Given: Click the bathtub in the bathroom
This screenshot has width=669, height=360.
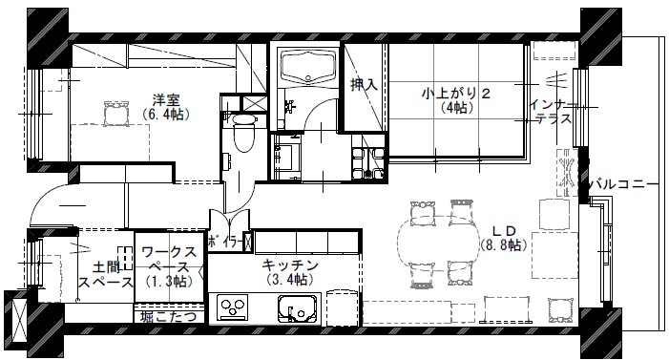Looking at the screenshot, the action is pyautogui.click(x=308, y=66).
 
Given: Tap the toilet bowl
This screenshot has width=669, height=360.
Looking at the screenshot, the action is pyautogui.click(x=243, y=133).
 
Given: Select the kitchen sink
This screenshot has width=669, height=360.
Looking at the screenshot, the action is pyautogui.click(x=298, y=307).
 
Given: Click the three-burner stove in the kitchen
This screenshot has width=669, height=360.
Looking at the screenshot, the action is pyautogui.click(x=232, y=307).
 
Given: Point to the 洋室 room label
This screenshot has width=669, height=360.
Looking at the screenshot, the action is pyautogui.click(x=166, y=101).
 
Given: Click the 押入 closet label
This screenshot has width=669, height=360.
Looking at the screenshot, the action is pyautogui.click(x=364, y=85).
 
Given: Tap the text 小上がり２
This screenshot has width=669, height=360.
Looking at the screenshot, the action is pyautogui.click(x=456, y=93).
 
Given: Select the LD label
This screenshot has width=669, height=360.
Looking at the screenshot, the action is pyautogui.click(x=504, y=231).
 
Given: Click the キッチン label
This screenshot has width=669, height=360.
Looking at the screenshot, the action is pyautogui.click(x=290, y=265).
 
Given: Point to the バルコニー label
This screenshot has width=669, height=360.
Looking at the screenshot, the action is pyautogui.click(x=624, y=185).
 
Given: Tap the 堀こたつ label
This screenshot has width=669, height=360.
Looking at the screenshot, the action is pyautogui.click(x=169, y=316).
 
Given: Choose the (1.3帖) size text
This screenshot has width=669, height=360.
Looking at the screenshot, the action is pyautogui.click(x=169, y=282).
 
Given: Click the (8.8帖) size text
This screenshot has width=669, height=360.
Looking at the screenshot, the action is pyautogui.click(x=504, y=245).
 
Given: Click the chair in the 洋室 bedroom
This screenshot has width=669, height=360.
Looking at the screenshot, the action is pyautogui.click(x=116, y=114).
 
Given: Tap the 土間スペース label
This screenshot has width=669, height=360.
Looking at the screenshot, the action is pyautogui.click(x=106, y=275).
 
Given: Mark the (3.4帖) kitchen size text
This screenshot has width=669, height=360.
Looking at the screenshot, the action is pyautogui.click(x=290, y=279).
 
